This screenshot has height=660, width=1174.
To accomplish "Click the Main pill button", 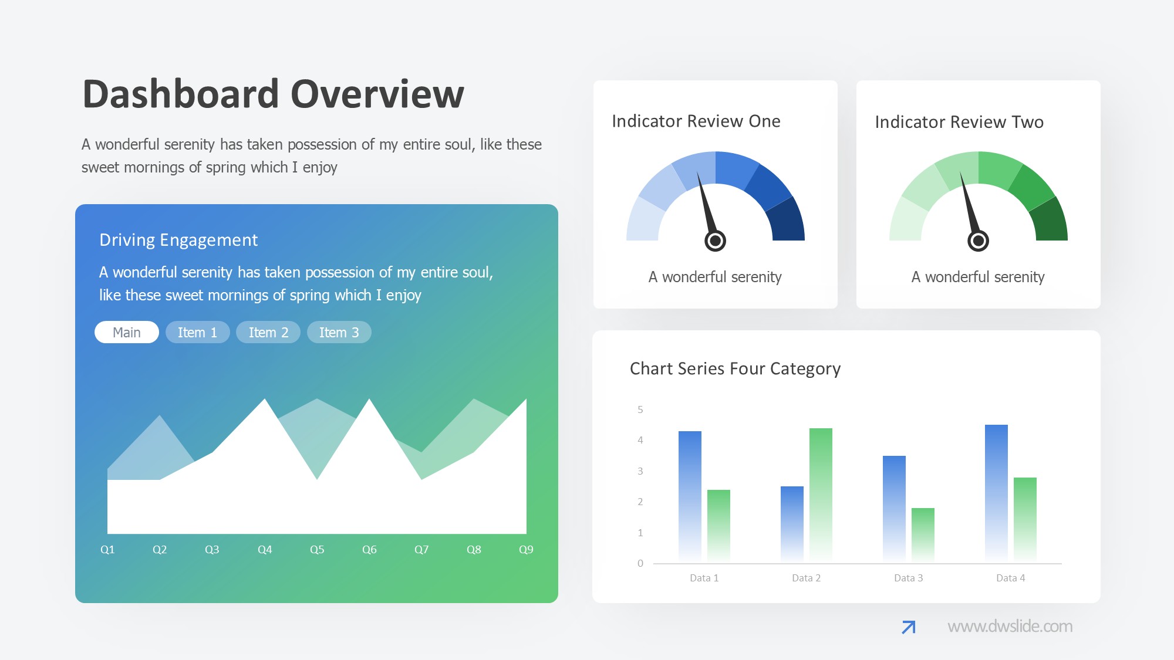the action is click(127, 332).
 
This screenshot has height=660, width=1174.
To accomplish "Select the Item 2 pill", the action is click(268, 332).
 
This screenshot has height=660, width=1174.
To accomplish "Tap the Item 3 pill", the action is click(339, 332).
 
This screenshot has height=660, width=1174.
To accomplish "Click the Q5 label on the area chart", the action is click(317, 550).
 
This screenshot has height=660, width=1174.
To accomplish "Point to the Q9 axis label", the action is click(526, 550).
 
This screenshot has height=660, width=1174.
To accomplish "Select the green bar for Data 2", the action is click(821, 496).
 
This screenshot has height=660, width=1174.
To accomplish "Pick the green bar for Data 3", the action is click(923, 536).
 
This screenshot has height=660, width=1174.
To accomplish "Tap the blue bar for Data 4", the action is click(996, 494).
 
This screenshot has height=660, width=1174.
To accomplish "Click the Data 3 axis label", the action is click(908, 578).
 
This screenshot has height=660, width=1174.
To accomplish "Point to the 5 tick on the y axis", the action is click(640, 409).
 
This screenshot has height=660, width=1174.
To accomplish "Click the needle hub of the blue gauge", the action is click(715, 241).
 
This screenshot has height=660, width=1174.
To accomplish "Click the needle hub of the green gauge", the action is click(978, 241).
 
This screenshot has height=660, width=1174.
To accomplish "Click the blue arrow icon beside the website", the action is click(908, 627).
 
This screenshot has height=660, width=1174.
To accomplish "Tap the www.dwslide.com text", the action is click(1010, 627).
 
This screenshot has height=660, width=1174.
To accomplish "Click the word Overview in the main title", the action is click(377, 94).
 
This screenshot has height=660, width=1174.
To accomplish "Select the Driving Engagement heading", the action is click(178, 240).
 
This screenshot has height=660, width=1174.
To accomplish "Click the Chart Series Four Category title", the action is click(735, 368).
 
